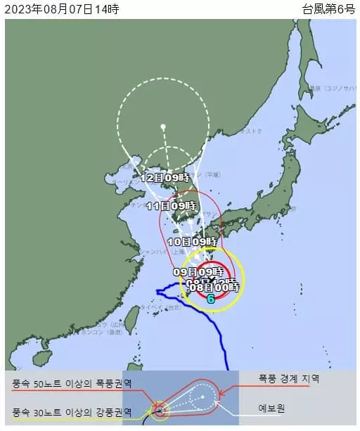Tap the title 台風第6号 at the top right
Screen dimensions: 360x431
click(328, 8)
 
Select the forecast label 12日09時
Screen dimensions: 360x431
click(165, 178)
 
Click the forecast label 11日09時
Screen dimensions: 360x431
click(171, 206)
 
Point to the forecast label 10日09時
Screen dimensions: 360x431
click(192, 241)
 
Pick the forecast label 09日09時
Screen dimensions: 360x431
click(198, 271)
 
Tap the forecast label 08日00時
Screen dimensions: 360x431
click(215, 287)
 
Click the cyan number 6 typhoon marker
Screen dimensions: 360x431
click(210, 298)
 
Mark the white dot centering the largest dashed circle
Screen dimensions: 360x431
click(163, 127)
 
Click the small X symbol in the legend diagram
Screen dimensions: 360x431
click(160, 409)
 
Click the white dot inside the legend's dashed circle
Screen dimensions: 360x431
click(202, 397)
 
